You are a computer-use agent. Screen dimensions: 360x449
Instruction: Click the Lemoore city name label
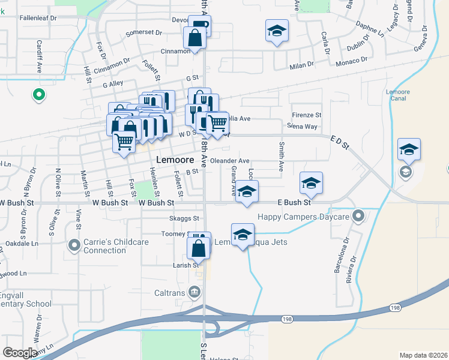[x=174, y=160]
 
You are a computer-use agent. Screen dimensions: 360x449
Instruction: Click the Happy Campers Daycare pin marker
[x=359, y=215]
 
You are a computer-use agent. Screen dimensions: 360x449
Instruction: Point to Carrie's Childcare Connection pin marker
[x=74, y=245]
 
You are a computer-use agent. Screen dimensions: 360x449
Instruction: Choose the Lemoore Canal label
[x=398, y=96]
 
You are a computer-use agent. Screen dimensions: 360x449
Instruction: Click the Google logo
[x=20, y=353]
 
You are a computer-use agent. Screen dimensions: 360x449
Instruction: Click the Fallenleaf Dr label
[x=37, y=19]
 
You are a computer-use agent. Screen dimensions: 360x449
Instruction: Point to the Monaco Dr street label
[x=352, y=61]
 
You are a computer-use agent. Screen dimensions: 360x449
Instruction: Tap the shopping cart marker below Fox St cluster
[x=124, y=142]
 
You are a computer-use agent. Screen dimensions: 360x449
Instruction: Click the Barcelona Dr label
[x=339, y=256]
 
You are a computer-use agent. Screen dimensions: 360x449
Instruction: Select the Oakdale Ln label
[x=22, y=244]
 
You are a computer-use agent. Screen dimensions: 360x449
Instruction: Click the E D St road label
[x=339, y=142]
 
